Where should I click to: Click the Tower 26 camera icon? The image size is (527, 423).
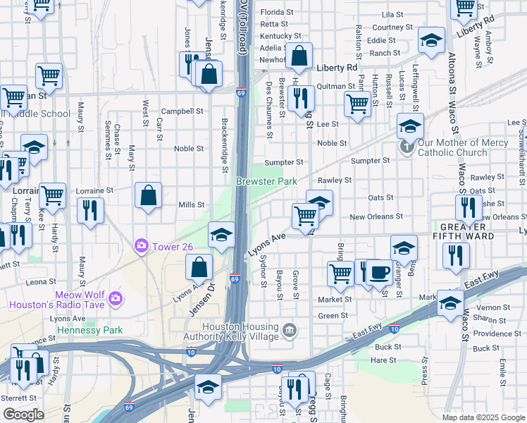click(x=142, y=245)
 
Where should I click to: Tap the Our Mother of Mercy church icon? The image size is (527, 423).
click(x=406, y=147)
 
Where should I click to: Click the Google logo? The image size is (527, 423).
click(x=23, y=415)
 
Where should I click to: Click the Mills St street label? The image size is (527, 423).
click(x=191, y=205)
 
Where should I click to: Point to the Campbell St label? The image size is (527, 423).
click(x=182, y=111)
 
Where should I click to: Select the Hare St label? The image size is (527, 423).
click(x=384, y=360)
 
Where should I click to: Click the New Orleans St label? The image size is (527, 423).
click(x=376, y=217)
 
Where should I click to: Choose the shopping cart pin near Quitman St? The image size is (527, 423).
click(x=358, y=104)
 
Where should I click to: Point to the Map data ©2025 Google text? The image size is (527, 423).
click(x=483, y=417)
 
